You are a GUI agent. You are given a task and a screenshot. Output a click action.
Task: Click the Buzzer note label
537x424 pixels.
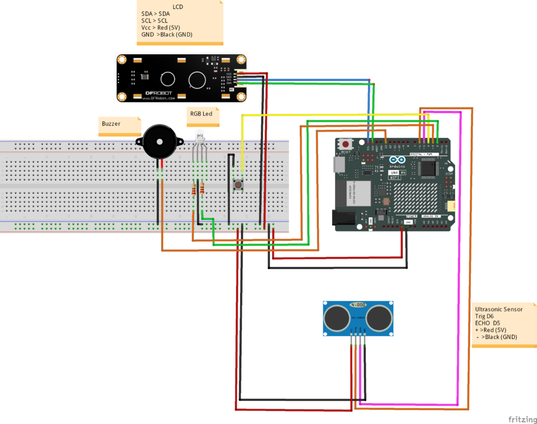(111, 124)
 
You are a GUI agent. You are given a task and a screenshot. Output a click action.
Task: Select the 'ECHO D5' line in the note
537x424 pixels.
(487, 323)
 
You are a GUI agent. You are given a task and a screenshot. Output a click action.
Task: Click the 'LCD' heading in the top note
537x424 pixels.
(178, 6)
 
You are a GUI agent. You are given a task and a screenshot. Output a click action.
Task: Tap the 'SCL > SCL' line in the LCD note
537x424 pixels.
(155, 20)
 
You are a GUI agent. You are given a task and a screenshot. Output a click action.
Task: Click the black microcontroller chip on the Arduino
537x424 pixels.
(428, 168)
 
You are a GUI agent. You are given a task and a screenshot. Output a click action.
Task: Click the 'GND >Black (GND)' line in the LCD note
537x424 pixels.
(167, 34)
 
